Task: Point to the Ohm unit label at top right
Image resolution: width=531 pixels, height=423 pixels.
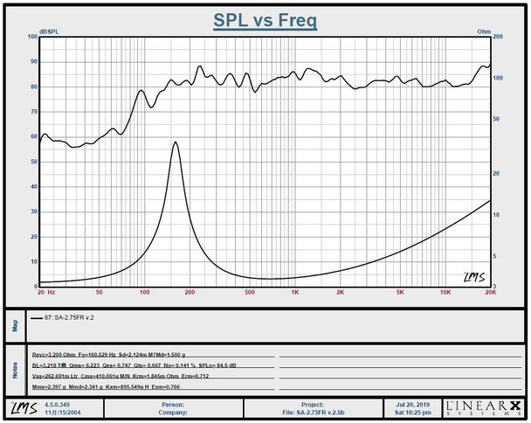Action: (x=483, y=32)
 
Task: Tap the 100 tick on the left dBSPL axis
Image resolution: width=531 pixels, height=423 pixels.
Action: (x=31, y=38)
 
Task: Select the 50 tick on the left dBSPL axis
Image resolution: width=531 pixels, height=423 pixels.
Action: (x=33, y=163)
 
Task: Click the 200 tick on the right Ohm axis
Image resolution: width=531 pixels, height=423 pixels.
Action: (x=498, y=38)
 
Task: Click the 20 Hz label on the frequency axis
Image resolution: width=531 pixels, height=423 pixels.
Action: (x=46, y=293)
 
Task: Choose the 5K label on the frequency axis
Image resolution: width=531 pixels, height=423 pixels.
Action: (x=400, y=293)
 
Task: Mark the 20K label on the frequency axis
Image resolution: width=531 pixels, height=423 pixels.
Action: (x=490, y=293)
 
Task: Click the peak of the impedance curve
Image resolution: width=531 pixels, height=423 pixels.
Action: (x=176, y=142)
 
